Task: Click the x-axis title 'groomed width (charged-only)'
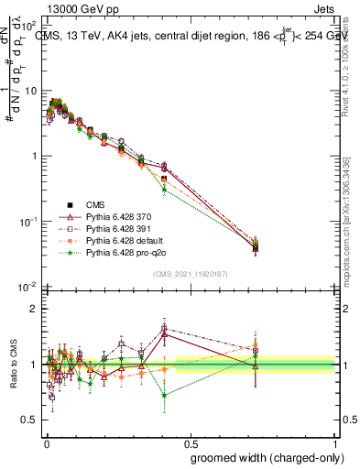(263, 457)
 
